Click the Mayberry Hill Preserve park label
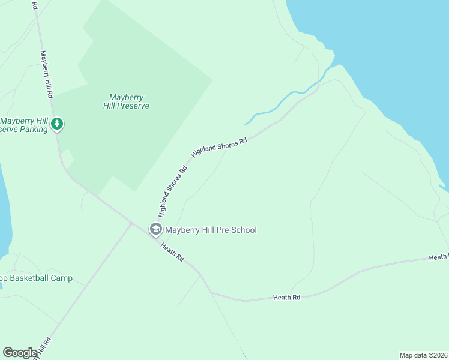tap(129, 101)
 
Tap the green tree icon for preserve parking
tap(57, 124)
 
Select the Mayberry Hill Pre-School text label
tap(211, 230)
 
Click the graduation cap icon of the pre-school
tap(155, 229)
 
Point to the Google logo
tap(20, 353)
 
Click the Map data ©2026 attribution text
tap(423, 355)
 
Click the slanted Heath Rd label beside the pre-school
tap(172, 251)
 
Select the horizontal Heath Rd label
tap(286, 297)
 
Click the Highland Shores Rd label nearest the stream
tap(219, 148)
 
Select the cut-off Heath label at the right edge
tap(439, 257)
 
